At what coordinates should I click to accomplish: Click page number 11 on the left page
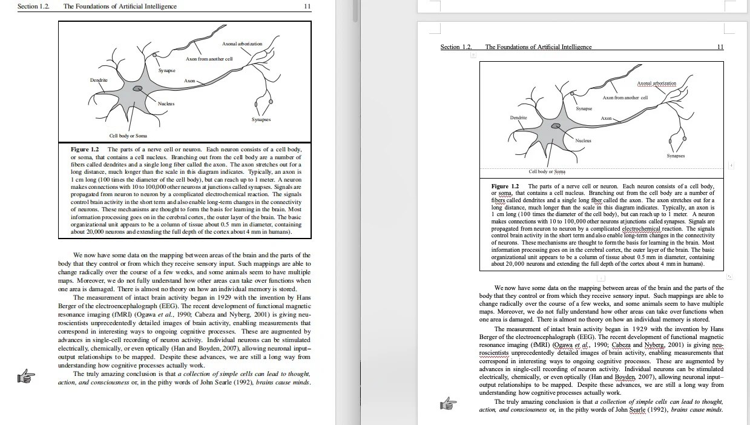(x=307, y=7)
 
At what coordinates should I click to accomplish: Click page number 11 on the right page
(x=720, y=47)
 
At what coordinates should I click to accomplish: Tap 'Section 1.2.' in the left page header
(x=33, y=7)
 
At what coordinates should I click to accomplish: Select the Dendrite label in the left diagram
(x=99, y=80)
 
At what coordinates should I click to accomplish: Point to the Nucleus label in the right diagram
(x=583, y=140)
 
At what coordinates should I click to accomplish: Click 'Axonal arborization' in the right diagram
(x=656, y=84)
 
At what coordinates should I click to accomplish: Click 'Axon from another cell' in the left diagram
(x=209, y=59)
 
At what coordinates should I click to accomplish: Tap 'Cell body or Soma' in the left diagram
(x=128, y=136)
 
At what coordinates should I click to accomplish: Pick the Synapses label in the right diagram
(x=676, y=156)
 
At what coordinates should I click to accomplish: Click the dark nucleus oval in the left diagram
(x=139, y=89)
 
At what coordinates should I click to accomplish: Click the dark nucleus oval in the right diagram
(x=555, y=126)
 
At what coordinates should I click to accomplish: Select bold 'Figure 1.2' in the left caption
(x=85, y=149)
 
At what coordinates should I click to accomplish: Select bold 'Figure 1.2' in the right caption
(x=505, y=186)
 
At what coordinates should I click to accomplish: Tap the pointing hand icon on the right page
(x=447, y=403)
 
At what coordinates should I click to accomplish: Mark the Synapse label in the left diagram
(x=166, y=71)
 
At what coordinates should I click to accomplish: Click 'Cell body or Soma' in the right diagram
(x=547, y=171)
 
